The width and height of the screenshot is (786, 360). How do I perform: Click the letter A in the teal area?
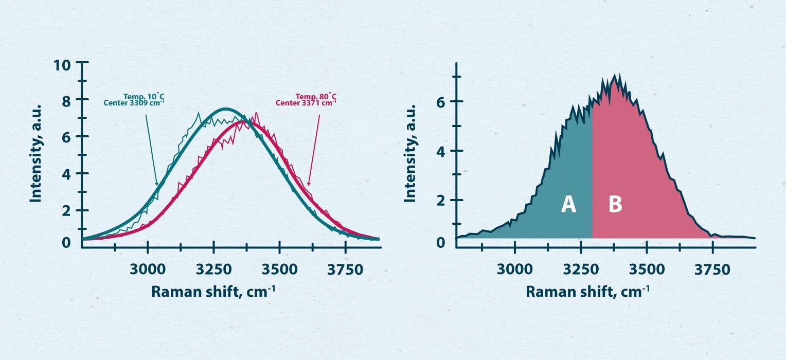[568, 205]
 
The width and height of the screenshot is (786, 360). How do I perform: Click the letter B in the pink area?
[615, 205]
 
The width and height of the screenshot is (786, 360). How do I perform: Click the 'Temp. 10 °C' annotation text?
[144, 96]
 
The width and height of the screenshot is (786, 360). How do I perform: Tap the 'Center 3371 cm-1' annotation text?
[306, 102]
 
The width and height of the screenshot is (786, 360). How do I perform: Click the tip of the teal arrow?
[157, 185]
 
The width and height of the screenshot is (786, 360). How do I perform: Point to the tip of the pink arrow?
[308, 185]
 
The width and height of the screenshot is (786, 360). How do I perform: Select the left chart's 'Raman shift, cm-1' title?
[213, 292]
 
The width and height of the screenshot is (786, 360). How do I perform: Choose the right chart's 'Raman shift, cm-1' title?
[587, 292]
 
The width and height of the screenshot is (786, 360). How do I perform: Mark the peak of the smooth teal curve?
[225, 109]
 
